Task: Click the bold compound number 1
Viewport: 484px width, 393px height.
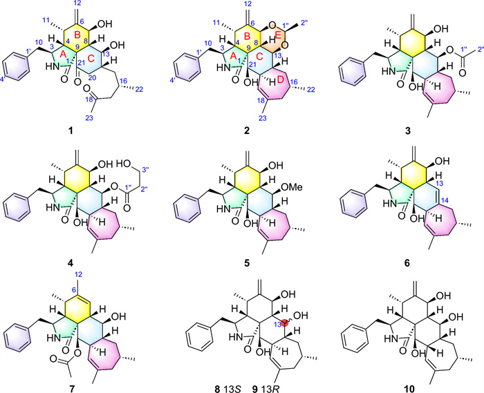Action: tap(71, 131)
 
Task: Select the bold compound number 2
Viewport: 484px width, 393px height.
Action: tap(246, 131)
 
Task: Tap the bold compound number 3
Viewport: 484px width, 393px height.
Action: tap(408, 131)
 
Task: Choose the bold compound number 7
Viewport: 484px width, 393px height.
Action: tap(72, 389)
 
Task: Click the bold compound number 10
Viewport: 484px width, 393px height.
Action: tap(409, 389)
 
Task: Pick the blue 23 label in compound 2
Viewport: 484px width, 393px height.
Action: tap(262, 118)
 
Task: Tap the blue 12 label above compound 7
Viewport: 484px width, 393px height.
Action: tap(79, 274)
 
